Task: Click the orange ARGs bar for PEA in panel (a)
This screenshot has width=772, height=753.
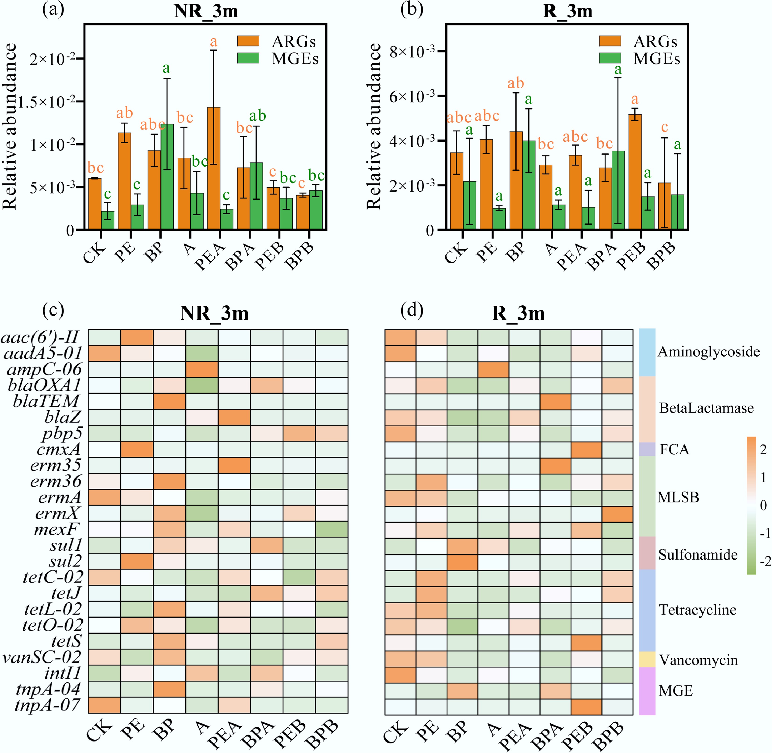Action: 214,168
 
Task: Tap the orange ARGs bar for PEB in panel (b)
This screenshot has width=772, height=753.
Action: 635,172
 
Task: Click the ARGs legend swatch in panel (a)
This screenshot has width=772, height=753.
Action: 248,41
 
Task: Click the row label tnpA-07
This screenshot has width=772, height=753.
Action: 47,705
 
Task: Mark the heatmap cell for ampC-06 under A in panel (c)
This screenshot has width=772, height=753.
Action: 202,369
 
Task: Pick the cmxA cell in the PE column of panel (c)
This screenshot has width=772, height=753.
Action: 137,449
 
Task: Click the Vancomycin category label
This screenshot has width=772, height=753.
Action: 698,660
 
